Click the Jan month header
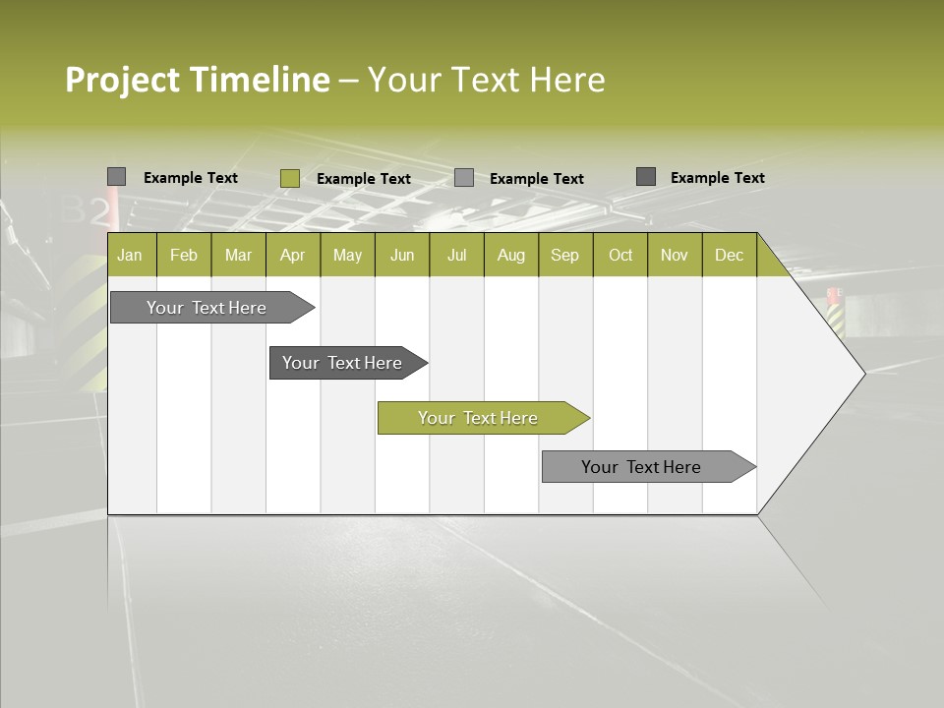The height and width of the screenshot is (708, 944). (x=130, y=255)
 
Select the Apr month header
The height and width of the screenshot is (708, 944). (x=292, y=255)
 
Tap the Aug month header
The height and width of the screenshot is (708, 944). (x=510, y=255)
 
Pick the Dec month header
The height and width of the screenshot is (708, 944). (x=729, y=255)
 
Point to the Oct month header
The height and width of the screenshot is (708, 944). (x=620, y=255)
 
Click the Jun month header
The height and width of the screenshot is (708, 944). (x=402, y=255)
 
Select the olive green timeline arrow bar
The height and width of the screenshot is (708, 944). (x=482, y=418)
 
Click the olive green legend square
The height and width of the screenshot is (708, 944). (x=289, y=178)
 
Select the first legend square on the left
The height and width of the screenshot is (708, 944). (x=116, y=177)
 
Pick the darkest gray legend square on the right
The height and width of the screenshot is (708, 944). (x=645, y=177)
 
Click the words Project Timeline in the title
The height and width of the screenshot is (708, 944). (x=197, y=80)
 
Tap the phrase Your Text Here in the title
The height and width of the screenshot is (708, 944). (x=486, y=80)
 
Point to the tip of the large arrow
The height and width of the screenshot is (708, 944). (x=863, y=373)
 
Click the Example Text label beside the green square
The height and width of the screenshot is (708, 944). (x=363, y=179)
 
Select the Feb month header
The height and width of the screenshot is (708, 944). (x=184, y=255)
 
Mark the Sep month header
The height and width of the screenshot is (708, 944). (x=564, y=255)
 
